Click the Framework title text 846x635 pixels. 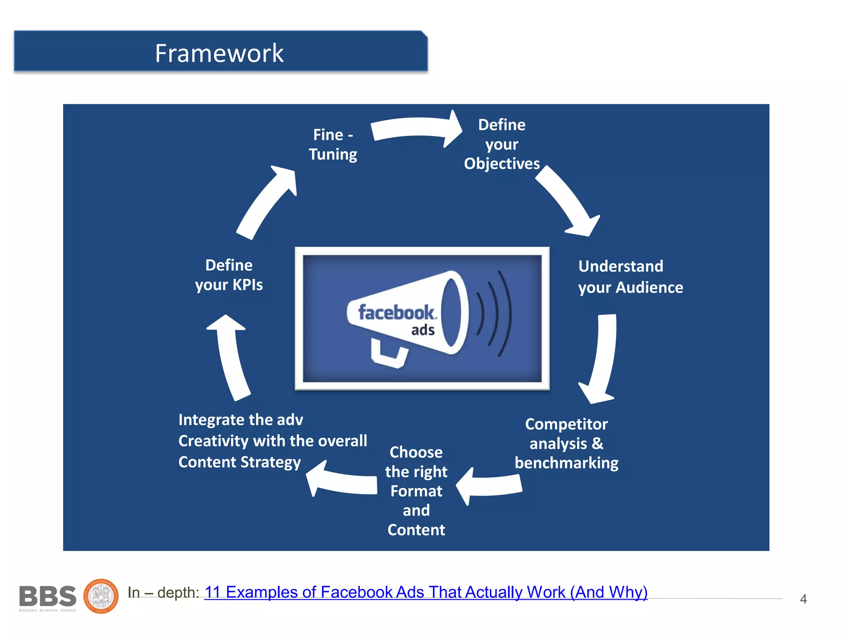coord(219,53)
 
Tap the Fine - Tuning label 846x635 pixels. coord(333,145)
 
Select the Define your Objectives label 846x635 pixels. coord(501,144)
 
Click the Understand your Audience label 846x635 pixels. coord(630,277)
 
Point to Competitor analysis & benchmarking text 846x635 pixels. coord(566,444)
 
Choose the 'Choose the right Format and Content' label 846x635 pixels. coord(416,491)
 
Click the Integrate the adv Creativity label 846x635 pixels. coord(272,441)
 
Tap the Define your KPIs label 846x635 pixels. coord(229,275)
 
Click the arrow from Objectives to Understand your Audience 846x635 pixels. coord(568,203)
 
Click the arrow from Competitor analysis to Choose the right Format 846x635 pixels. coord(490,485)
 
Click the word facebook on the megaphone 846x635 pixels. coord(397,313)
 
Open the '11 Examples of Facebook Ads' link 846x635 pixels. coord(425,592)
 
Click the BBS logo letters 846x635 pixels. coord(48,596)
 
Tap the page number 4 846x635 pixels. coord(803,599)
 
